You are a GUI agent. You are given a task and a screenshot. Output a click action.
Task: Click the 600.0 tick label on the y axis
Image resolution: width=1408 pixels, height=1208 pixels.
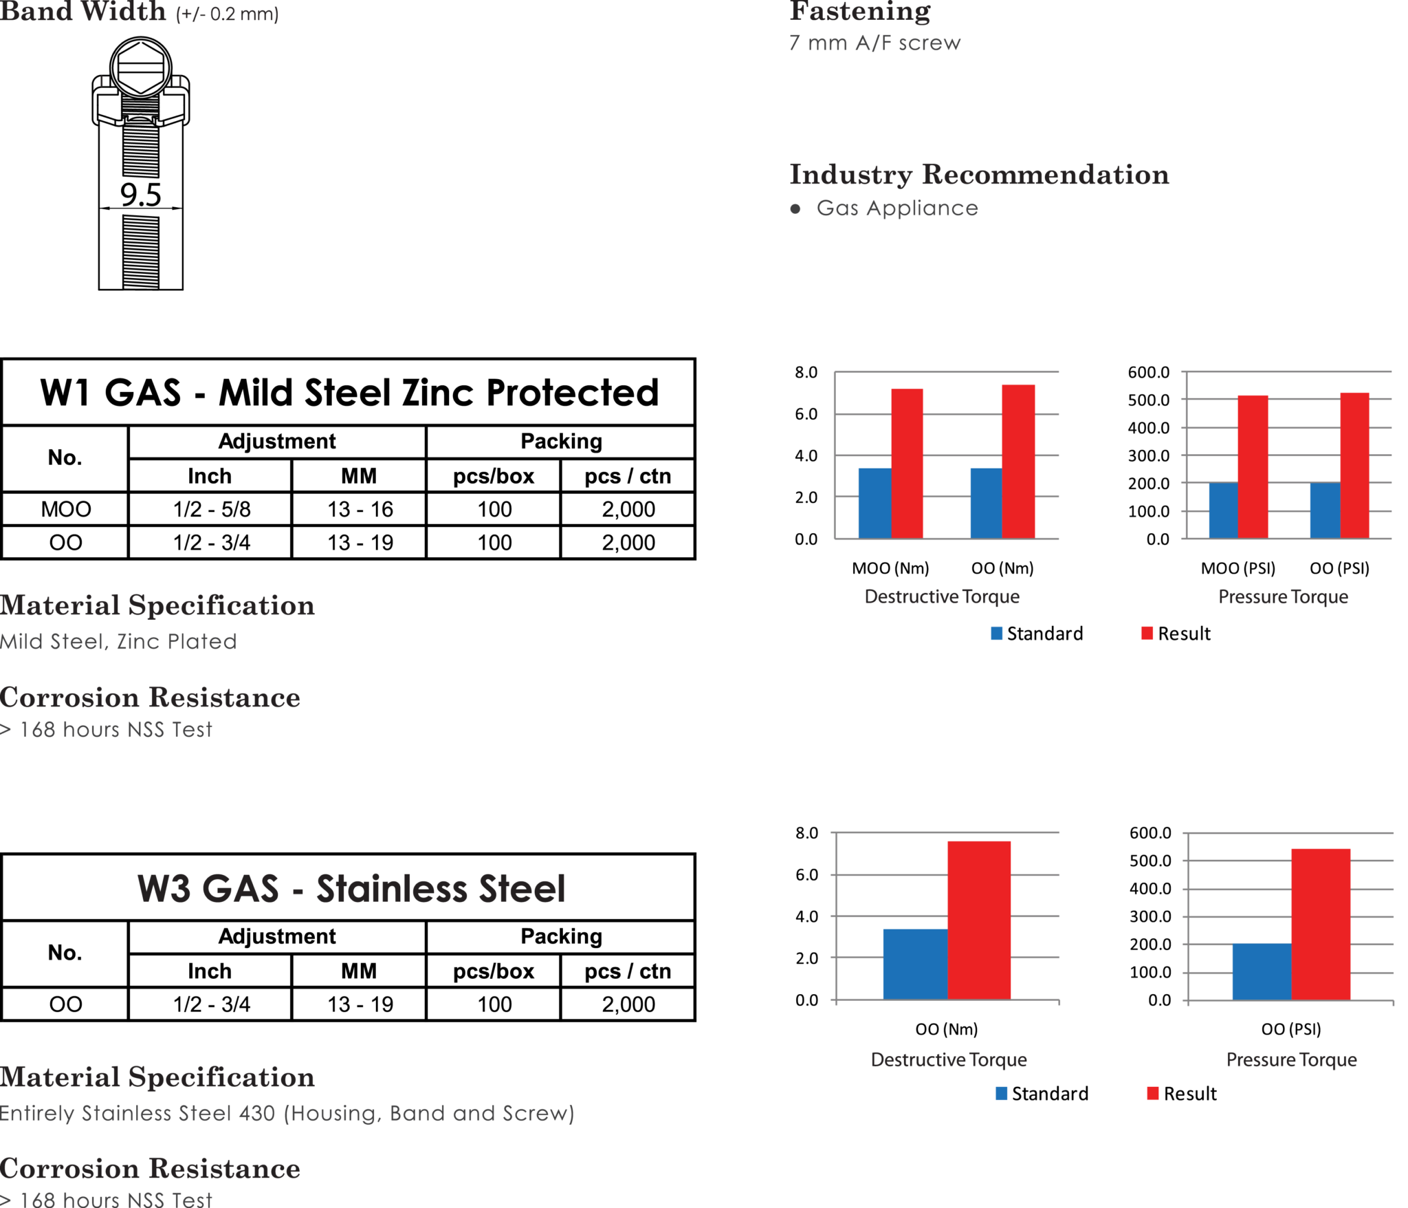coord(1148,372)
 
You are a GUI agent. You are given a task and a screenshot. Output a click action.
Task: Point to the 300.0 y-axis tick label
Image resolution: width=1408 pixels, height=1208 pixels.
coord(1148,455)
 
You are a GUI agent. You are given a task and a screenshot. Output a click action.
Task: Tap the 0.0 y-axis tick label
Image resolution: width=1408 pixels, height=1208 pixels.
coord(1158,539)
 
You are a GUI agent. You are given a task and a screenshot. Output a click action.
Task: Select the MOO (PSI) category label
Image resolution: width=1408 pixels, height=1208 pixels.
coord(1237,568)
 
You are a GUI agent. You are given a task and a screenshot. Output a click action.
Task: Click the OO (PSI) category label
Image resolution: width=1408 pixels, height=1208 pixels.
coord(1339,568)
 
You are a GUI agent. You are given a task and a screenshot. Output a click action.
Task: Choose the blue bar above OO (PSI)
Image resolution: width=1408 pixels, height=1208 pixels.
coord(1325,510)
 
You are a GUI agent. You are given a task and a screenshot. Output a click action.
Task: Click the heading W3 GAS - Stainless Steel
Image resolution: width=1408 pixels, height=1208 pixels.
coord(351,888)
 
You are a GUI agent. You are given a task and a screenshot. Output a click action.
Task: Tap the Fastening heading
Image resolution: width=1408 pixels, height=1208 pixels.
coord(859,11)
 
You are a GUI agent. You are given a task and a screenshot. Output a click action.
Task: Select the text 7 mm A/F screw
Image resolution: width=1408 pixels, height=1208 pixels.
coord(874,43)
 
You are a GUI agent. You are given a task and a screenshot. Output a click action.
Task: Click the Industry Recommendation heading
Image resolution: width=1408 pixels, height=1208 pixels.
coord(979,175)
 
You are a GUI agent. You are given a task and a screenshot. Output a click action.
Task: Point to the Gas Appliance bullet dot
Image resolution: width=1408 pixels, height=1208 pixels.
coord(795,208)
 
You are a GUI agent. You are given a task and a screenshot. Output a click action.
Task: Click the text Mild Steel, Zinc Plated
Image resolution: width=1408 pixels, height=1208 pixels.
coord(118,641)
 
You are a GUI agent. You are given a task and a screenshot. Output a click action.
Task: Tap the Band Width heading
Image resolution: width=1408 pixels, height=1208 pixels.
coord(82,12)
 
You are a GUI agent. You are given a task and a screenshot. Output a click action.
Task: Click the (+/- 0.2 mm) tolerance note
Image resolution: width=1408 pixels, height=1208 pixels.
coord(227,14)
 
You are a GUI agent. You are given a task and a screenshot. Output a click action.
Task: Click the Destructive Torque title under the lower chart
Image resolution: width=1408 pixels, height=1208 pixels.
coord(949,1059)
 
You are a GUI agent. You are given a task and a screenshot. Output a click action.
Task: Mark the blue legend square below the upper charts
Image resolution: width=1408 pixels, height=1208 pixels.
coord(997,633)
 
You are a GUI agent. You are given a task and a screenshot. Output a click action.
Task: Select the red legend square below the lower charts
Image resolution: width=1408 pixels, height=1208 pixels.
coord(1153,1093)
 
